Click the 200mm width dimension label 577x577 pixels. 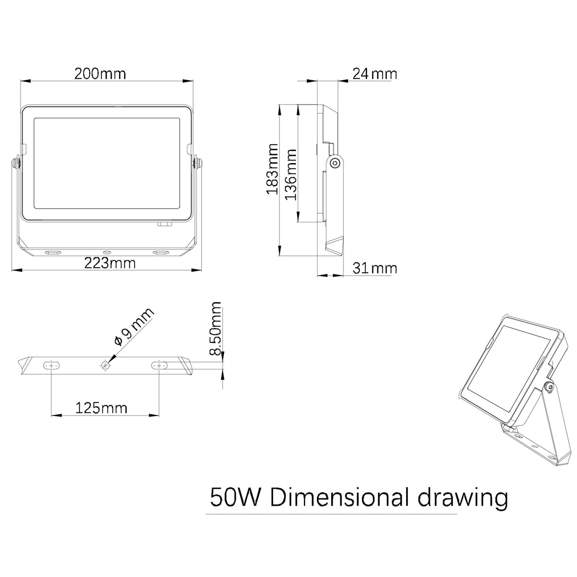click(100, 73)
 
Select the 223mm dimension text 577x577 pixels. click(110, 263)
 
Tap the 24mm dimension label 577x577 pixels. click(374, 73)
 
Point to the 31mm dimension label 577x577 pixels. click(374, 268)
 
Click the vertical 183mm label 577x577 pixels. click(273, 169)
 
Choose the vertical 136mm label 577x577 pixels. click(291, 174)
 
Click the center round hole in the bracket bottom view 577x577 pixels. click(105, 365)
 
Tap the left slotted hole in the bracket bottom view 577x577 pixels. click(51, 365)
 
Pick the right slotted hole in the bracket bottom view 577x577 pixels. click(159, 365)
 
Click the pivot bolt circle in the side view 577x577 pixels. click(335, 163)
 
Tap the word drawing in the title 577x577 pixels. click(463, 498)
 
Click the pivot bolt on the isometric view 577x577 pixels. click(549, 388)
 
